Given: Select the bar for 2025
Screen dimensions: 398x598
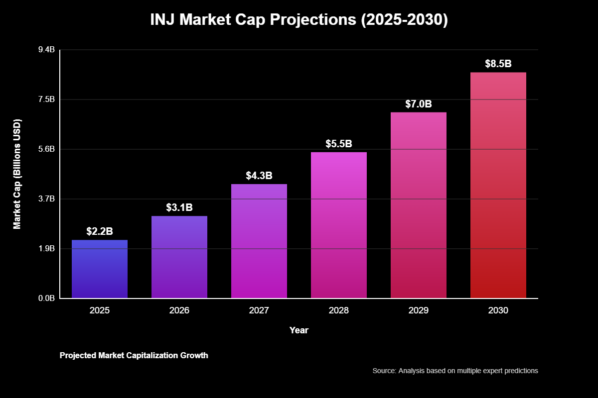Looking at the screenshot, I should pyautogui.click(x=100, y=269).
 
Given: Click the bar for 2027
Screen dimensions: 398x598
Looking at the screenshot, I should pyautogui.click(x=259, y=241).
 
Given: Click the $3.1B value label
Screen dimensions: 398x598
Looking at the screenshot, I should pyautogui.click(x=179, y=207).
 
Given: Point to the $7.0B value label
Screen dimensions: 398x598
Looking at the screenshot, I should pyautogui.click(x=419, y=104).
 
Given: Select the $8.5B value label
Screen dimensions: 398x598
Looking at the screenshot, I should pyautogui.click(x=498, y=64).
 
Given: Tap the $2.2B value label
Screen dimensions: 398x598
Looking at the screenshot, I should pyautogui.click(x=100, y=231).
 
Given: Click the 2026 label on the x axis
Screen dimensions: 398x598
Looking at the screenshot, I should pyautogui.click(x=179, y=310).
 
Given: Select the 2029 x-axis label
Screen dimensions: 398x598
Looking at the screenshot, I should pyautogui.click(x=419, y=310).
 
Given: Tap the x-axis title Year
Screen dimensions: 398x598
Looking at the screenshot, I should pyautogui.click(x=299, y=330).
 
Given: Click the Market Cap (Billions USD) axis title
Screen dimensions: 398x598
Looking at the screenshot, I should pyautogui.click(x=17, y=174).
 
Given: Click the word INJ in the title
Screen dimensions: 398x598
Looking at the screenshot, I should pyautogui.click(x=163, y=20).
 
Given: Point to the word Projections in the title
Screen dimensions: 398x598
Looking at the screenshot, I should pyautogui.click(x=318, y=20).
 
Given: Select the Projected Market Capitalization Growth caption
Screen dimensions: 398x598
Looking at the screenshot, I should pyautogui.click(x=134, y=356).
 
